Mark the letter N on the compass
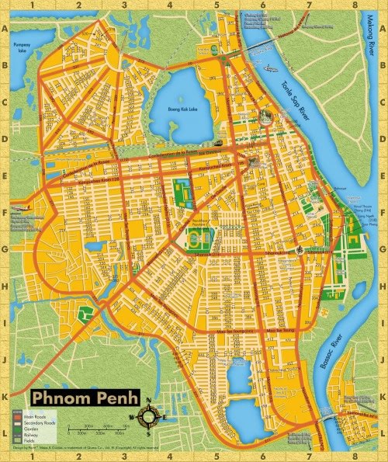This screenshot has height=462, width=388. point(150,402)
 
